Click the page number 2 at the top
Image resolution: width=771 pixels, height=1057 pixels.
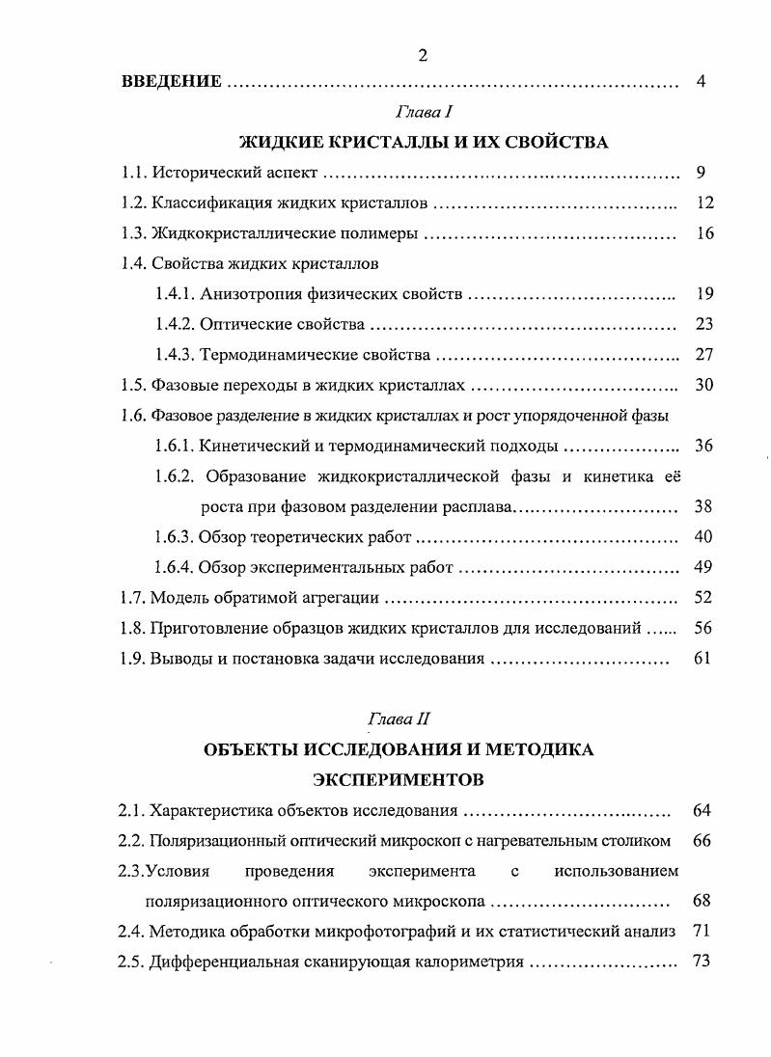(423, 55)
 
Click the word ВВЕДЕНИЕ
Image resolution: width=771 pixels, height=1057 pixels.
(172, 82)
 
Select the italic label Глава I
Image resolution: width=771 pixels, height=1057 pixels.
(423, 114)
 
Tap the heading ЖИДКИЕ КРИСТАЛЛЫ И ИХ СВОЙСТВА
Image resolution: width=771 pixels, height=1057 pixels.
(423, 143)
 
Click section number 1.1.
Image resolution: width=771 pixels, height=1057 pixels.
(133, 174)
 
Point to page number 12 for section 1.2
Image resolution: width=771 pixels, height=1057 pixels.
(703, 204)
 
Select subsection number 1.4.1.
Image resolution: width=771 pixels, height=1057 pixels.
(175, 294)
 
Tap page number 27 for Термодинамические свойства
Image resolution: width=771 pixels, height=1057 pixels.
(703, 354)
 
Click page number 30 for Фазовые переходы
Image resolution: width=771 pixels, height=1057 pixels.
(703, 385)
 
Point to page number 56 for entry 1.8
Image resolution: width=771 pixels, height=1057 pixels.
(703, 628)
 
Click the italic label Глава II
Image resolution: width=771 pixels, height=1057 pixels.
(395, 718)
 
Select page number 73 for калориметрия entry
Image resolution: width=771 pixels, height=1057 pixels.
(702, 962)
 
